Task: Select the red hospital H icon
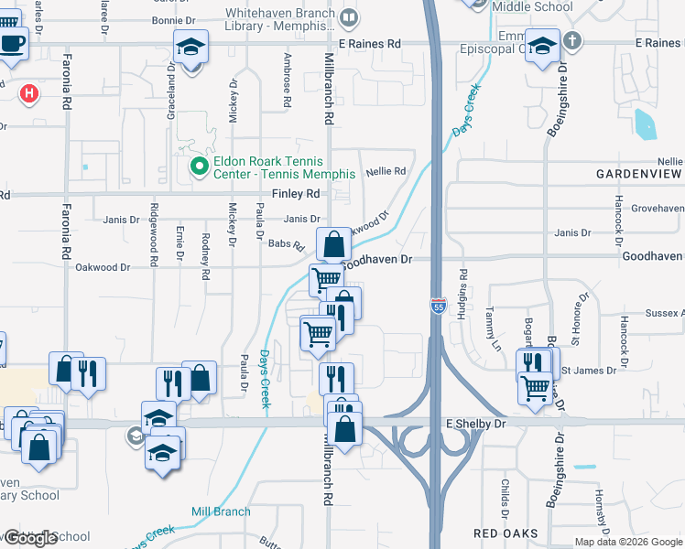click(x=29, y=92)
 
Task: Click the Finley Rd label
click(x=295, y=194)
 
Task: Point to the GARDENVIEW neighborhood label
click(x=639, y=173)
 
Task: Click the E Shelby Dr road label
click(x=475, y=425)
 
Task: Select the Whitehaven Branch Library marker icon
click(x=349, y=18)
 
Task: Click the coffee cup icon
click(x=12, y=43)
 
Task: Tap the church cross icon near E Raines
click(x=572, y=40)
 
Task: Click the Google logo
click(x=30, y=538)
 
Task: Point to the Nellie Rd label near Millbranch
click(x=386, y=171)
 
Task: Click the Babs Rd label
click(x=286, y=244)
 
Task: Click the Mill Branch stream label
click(x=220, y=511)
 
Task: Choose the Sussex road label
click(x=664, y=313)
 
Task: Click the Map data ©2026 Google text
click(x=628, y=542)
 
